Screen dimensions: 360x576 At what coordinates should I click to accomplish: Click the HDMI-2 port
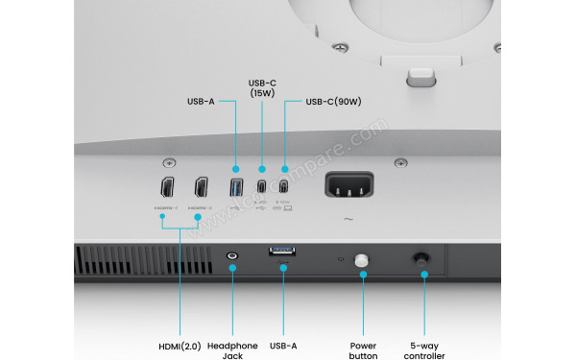point(201,186)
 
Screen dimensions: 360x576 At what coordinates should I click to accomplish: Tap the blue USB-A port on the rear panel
point(236,186)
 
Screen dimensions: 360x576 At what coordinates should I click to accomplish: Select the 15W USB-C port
point(261,186)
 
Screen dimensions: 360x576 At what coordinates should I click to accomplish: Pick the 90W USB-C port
point(284,186)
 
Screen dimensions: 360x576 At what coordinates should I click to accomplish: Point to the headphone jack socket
point(231,256)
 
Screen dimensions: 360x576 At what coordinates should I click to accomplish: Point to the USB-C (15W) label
point(262,86)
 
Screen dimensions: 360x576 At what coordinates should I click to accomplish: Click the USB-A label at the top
point(201,100)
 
